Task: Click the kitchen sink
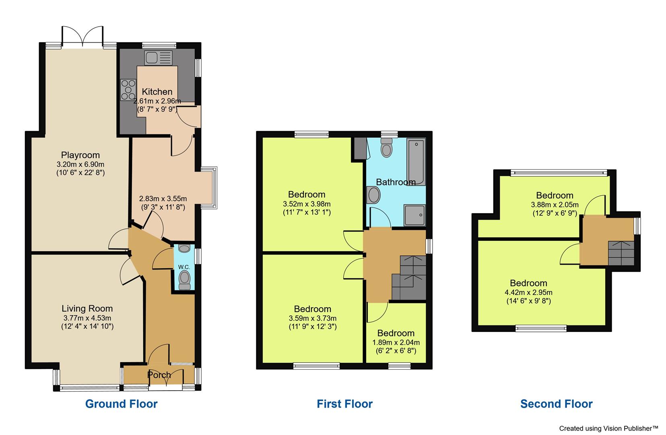click(x=158, y=58)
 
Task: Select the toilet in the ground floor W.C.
click(x=184, y=279)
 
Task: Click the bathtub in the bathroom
click(x=416, y=162)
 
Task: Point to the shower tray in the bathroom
click(x=414, y=215)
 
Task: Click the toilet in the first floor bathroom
click(x=386, y=148)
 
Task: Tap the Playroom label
click(x=80, y=155)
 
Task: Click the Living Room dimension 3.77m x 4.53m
click(x=87, y=318)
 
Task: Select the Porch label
click(x=159, y=375)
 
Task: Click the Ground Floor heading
click(x=121, y=404)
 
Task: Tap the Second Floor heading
click(x=556, y=404)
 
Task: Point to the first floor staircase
click(x=408, y=278)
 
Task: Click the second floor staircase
click(x=621, y=253)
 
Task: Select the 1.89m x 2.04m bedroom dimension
click(x=396, y=342)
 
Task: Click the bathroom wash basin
click(x=374, y=195)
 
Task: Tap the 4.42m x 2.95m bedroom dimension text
click(x=528, y=292)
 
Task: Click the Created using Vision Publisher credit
click(x=608, y=429)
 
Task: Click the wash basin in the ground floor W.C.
click(x=184, y=249)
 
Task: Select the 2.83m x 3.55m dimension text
click(x=163, y=199)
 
